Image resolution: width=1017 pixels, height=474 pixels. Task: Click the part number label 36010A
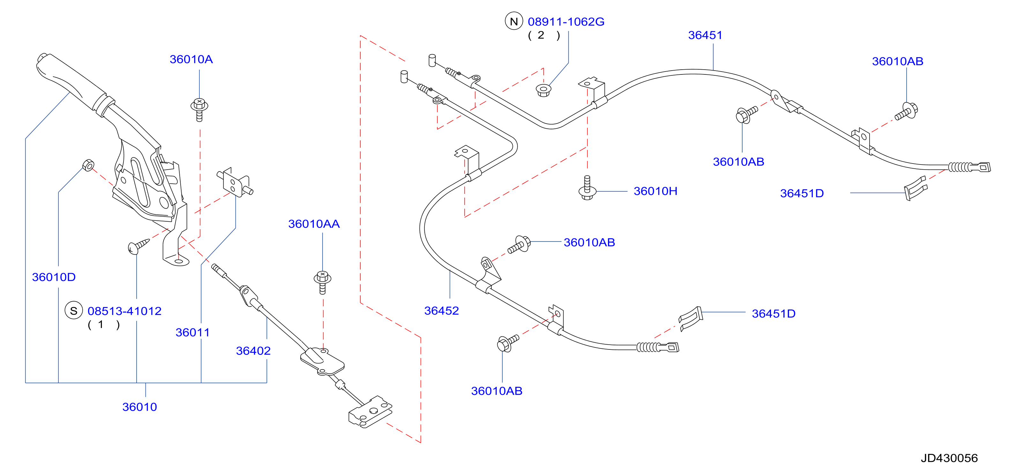coord(191,59)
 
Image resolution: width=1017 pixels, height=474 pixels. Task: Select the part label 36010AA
coord(314,224)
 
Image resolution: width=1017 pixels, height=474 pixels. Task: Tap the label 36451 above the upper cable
coord(705,35)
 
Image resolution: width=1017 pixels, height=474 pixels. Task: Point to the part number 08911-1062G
coord(566,22)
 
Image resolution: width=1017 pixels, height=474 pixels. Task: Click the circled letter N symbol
coord(514,21)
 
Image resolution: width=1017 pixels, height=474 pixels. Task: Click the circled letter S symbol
coord(74,311)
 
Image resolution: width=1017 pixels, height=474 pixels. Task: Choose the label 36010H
coord(655,191)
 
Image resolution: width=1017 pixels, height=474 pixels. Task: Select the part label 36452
coord(441,311)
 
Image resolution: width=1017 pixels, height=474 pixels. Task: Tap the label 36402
coord(253,351)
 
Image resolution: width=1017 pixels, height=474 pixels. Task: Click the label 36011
coord(193,333)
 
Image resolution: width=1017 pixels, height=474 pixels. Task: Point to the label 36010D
coord(54,277)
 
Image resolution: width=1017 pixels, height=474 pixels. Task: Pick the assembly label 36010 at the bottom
coord(139,407)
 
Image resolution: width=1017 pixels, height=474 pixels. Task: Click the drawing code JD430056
coord(949,458)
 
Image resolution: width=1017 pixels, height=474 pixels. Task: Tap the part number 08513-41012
coord(124,311)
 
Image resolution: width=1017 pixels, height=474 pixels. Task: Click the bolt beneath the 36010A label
coord(199,110)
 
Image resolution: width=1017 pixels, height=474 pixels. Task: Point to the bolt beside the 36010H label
coord(587,188)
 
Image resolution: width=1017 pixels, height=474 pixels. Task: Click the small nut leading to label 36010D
coord(88,165)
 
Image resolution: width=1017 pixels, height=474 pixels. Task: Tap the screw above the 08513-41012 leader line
coord(138,246)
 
